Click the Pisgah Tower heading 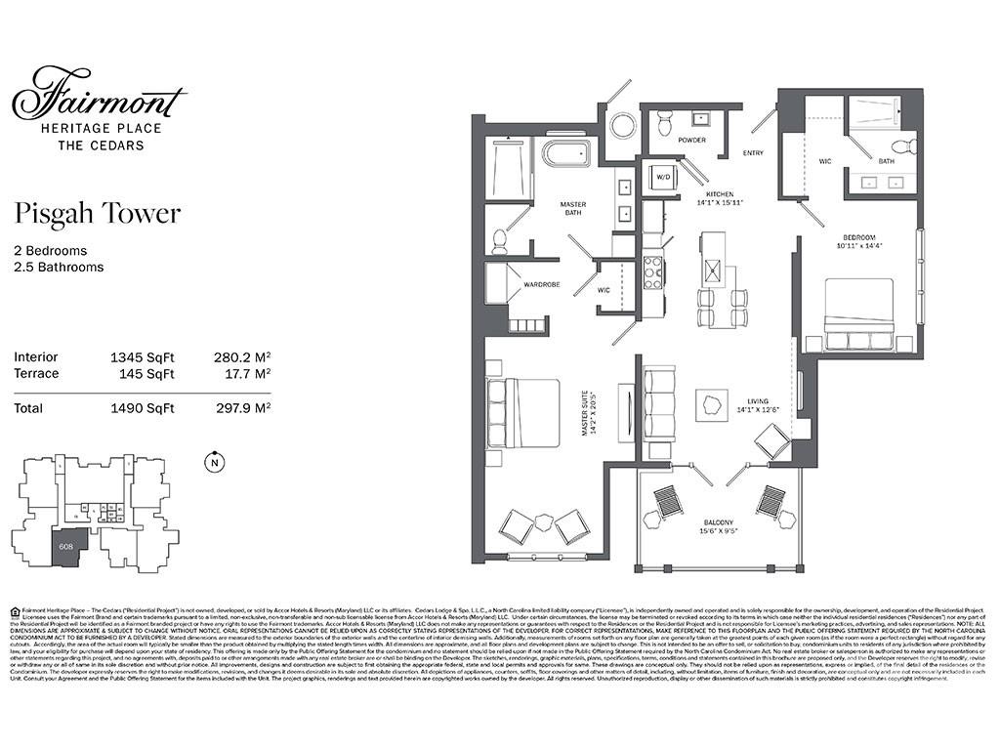tap(97, 213)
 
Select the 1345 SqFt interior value tap(142, 357)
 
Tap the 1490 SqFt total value tap(142, 408)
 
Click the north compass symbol tap(212, 463)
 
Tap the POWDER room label tap(691, 140)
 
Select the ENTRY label tap(753, 153)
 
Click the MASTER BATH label tap(572, 209)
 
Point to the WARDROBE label tap(541, 285)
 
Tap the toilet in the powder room tap(664, 123)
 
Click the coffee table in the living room tap(712, 404)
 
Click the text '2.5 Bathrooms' tap(59, 267)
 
